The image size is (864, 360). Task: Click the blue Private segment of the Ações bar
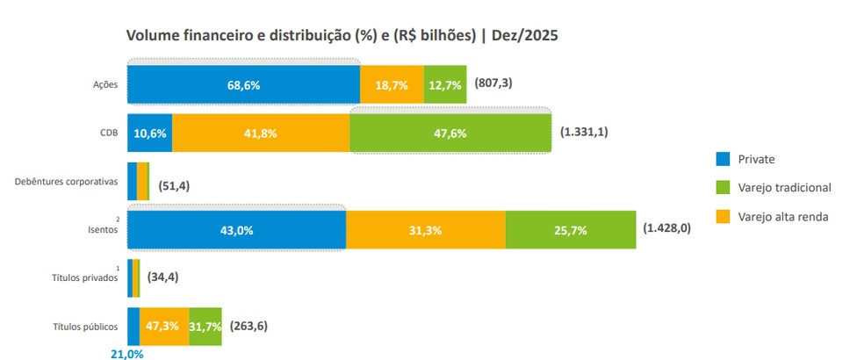(243, 85)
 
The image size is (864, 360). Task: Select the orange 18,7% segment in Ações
(391, 85)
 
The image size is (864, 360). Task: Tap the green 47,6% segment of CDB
(450, 133)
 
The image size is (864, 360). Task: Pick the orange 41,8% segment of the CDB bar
(260, 133)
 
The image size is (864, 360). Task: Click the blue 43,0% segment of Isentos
(236, 230)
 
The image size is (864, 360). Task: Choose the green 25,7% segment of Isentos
(570, 230)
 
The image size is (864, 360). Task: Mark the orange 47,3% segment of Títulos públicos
(164, 326)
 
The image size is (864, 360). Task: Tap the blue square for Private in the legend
(724, 159)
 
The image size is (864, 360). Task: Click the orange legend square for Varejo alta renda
(724, 216)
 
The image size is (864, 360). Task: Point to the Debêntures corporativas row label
(67, 182)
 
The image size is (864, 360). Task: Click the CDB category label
(108, 133)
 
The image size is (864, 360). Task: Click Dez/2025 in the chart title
(523, 36)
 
